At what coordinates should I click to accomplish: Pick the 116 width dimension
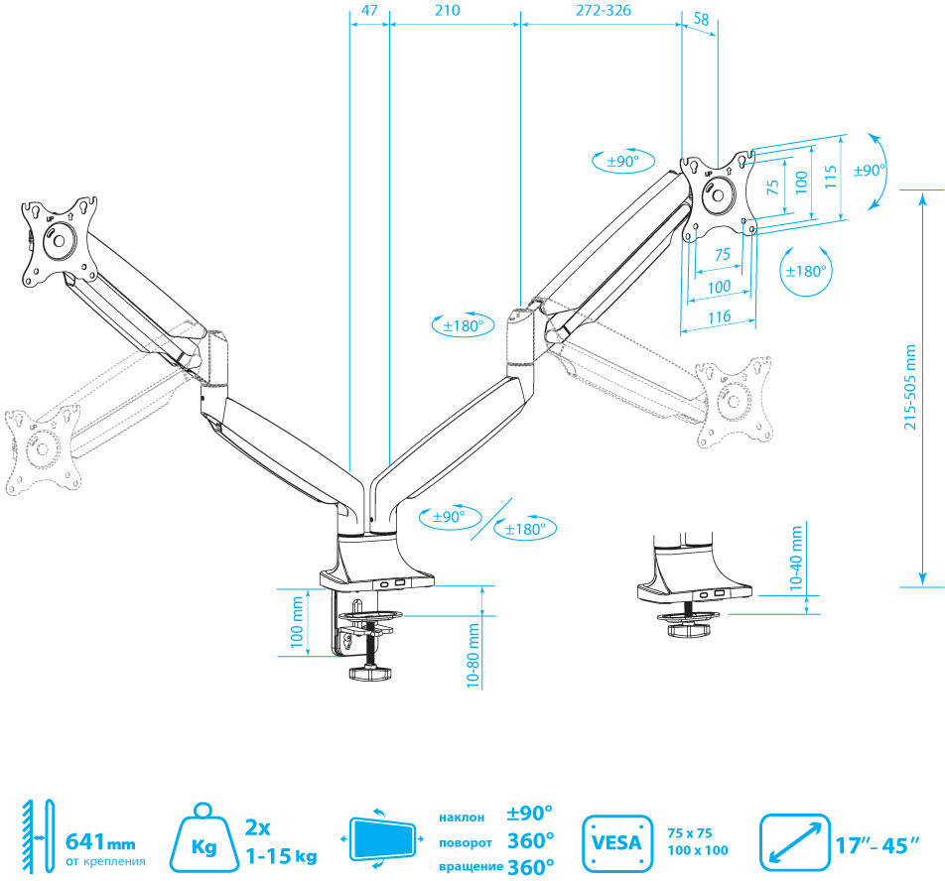click(x=720, y=316)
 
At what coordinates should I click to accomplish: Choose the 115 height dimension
click(x=832, y=176)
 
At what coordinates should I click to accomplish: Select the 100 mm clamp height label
click(x=298, y=622)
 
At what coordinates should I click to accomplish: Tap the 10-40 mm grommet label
click(x=797, y=560)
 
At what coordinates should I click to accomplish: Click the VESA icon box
click(x=616, y=842)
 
